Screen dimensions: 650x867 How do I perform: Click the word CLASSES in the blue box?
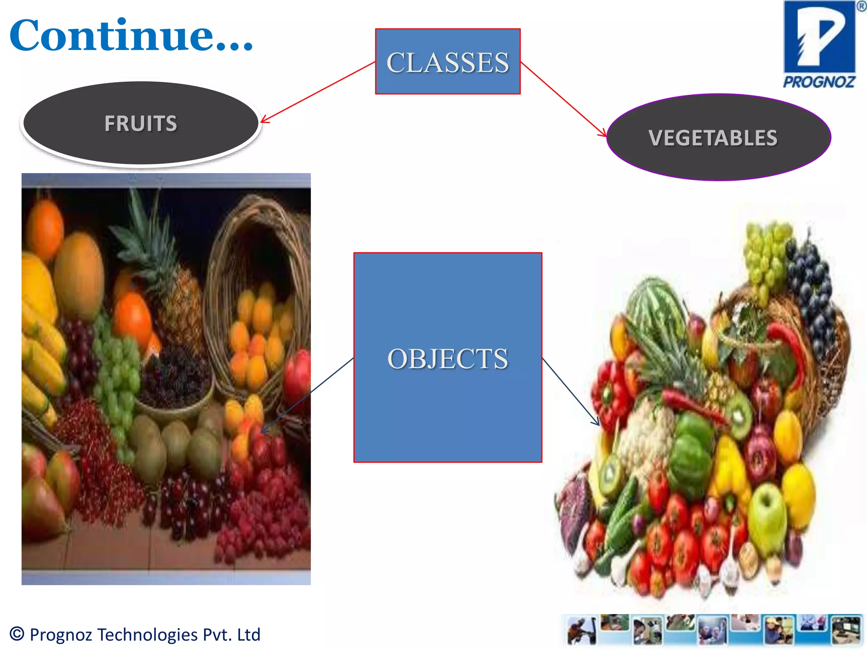pyautogui.click(x=447, y=62)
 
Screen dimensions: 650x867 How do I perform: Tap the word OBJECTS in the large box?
pyautogui.click(x=447, y=358)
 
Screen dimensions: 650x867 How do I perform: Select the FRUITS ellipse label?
pyautogui.click(x=141, y=123)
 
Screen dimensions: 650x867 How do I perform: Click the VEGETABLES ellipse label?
pyautogui.click(x=713, y=138)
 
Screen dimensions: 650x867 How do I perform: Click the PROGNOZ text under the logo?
pyautogui.click(x=819, y=82)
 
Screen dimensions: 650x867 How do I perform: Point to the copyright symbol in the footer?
pyautogui.click(x=17, y=633)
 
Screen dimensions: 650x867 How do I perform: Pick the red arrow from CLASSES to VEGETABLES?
pyautogui.click(x=563, y=99)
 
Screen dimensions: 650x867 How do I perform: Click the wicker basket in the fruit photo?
pyautogui.click(x=258, y=254)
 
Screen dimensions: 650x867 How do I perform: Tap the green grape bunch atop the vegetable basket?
pyautogui.click(x=766, y=254)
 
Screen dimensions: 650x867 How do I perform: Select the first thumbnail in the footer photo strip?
pyautogui.click(x=582, y=631)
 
